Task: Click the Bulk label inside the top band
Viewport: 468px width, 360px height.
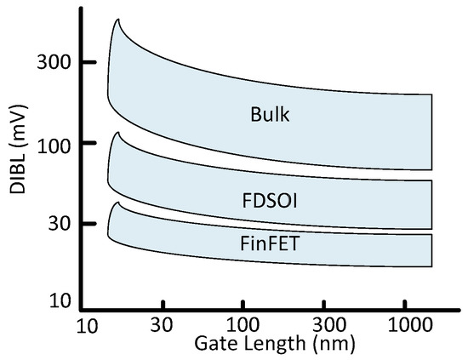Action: point(271,113)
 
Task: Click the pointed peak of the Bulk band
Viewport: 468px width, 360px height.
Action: point(117,19)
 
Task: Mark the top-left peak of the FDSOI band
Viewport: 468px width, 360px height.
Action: point(118,133)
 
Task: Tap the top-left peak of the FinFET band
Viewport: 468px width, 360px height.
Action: point(119,203)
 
